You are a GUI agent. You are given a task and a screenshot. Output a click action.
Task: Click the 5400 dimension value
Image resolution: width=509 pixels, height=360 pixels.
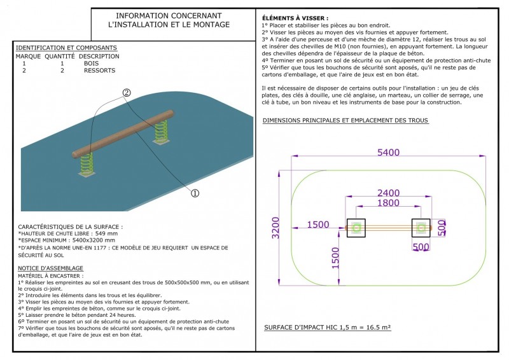(388, 153)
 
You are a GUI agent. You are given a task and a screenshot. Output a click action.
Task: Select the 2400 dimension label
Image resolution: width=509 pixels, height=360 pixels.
(388, 193)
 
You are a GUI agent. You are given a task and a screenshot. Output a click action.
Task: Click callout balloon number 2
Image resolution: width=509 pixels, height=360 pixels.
(127, 93)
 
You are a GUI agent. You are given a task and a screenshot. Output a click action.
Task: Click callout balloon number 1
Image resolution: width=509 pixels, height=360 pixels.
(195, 192)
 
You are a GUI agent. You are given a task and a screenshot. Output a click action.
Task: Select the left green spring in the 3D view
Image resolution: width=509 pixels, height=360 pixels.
(86, 163)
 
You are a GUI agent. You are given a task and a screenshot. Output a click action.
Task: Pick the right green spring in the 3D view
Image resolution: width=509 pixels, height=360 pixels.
(160, 132)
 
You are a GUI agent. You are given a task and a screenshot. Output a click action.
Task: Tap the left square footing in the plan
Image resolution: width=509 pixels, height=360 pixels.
(357, 227)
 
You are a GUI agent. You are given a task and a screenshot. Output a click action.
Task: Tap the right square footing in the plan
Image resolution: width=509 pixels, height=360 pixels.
(421, 227)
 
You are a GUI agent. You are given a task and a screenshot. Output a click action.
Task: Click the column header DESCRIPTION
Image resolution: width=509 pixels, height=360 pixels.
(101, 56)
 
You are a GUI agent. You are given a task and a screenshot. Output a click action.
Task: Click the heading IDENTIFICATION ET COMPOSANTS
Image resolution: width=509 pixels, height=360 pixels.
(66, 48)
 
